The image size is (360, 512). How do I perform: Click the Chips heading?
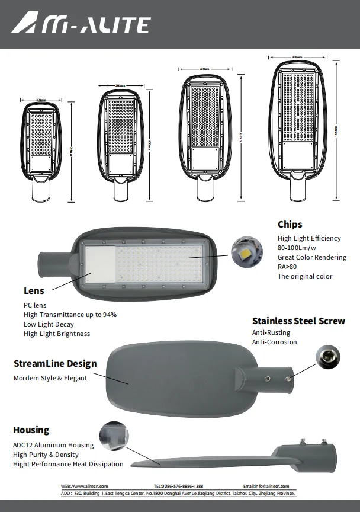pos(290,224)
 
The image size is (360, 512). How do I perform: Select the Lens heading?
pos(34,291)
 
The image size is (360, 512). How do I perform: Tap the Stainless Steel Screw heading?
pos(298,321)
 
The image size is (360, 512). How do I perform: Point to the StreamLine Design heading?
pos(55,364)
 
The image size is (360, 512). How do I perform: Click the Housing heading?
pos(31,430)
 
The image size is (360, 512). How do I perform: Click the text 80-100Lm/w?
pos(301,248)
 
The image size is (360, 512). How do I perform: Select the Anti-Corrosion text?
pos(274,342)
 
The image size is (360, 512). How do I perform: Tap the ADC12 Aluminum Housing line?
pos(53,445)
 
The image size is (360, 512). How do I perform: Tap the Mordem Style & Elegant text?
pos(50,378)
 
